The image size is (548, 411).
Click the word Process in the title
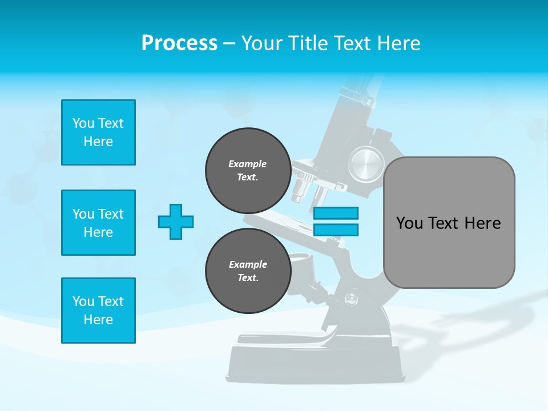[x=179, y=43]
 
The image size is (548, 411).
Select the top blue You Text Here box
[x=98, y=132]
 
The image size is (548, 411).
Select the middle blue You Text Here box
[x=98, y=223]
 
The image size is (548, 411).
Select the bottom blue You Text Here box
[x=98, y=311]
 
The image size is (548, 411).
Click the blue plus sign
[x=176, y=221]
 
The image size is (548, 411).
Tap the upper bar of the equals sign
[x=336, y=213]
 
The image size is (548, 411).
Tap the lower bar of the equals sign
[x=336, y=229]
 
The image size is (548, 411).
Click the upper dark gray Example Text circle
[x=248, y=170]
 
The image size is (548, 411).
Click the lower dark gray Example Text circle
[x=248, y=271]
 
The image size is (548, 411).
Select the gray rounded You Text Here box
[x=449, y=223]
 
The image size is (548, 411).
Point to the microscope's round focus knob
[x=366, y=163]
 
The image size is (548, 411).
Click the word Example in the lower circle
[x=248, y=264]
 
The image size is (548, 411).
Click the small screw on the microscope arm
[x=350, y=297]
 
